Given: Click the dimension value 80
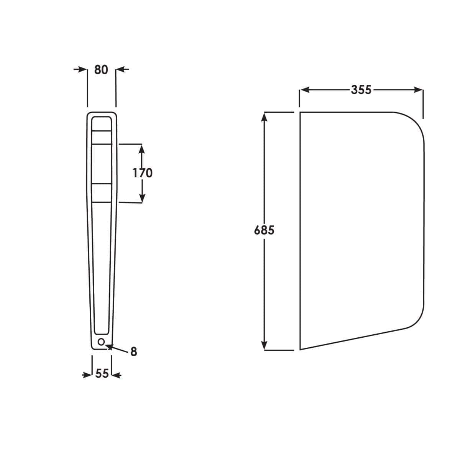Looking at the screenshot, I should [x=101, y=70].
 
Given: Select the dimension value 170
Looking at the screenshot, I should [x=143, y=173].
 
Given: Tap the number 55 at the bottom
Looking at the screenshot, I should [x=102, y=373].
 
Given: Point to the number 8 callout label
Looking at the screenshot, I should [x=133, y=352].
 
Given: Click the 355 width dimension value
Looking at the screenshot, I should [x=361, y=89].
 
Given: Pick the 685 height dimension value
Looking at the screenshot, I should [x=264, y=230].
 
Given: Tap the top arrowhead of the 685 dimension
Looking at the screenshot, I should [x=264, y=116].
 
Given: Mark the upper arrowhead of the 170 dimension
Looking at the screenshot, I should [x=142, y=148].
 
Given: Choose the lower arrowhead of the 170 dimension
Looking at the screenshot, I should [x=142, y=198].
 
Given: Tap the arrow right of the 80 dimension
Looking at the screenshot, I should [x=121, y=69].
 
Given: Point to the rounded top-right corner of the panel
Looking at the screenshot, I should [x=416, y=123].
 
